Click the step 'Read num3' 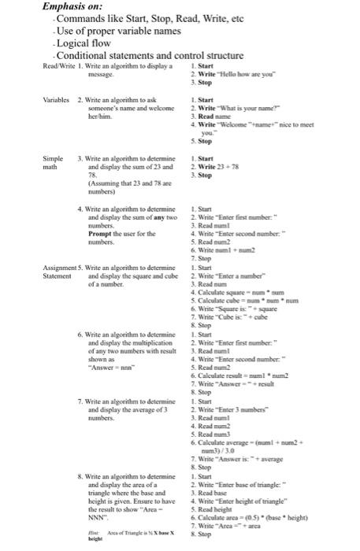[x=212, y=434]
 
